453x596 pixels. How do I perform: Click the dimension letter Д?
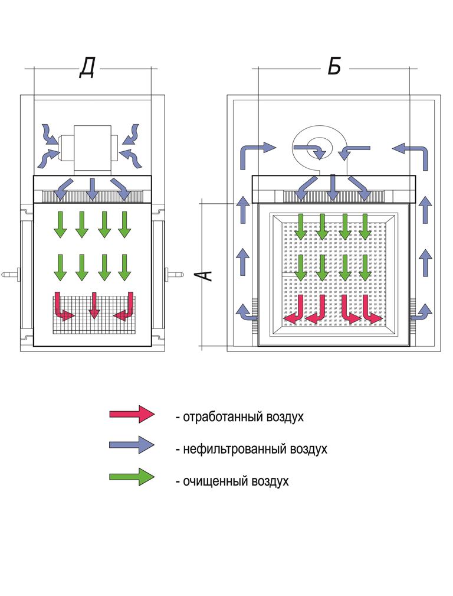(87, 70)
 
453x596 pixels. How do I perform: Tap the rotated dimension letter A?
(203, 275)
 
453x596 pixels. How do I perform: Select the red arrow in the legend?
(132, 414)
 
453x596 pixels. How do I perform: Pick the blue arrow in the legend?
(132, 445)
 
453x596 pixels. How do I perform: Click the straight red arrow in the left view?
(93, 306)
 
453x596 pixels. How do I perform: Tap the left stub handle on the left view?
(12, 274)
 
